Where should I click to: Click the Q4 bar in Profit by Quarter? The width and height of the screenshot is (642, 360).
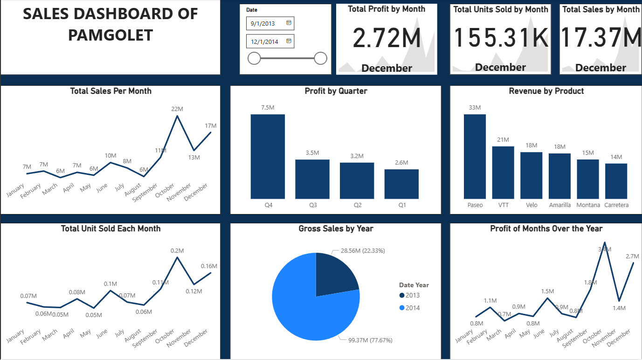[x=268, y=157]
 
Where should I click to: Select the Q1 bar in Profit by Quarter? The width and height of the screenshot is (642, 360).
[x=401, y=184]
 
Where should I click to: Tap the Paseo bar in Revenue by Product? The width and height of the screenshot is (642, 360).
[x=475, y=157]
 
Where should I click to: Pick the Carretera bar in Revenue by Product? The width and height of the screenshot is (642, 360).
[x=616, y=181]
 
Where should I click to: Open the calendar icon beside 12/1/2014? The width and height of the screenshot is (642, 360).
[x=289, y=41]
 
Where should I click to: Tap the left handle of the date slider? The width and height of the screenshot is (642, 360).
[x=254, y=58]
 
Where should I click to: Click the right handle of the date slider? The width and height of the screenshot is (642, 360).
[x=320, y=58]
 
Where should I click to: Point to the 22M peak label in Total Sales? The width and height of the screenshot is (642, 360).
[x=177, y=109]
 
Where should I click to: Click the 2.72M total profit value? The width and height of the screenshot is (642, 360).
[x=387, y=38]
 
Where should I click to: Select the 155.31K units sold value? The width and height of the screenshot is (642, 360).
[x=500, y=38]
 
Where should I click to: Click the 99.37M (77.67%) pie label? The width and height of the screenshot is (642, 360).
[x=370, y=340]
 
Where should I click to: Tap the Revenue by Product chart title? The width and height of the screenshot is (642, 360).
[x=546, y=91]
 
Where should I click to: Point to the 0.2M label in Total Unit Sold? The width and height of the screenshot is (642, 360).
[x=177, y=250]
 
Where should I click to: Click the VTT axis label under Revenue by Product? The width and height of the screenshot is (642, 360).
[x=503, y=205]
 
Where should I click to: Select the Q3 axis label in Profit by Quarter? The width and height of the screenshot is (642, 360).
[x=312, y=205]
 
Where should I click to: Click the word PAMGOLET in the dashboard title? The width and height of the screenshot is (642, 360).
[x=110, y=35]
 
